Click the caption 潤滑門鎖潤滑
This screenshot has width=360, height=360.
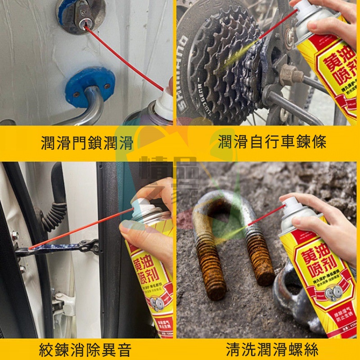click(x=87, y=144)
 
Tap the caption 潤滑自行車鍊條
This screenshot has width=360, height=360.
click(x=272, y=143)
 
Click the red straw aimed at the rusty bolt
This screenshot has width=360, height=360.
click(x=265, y=216)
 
